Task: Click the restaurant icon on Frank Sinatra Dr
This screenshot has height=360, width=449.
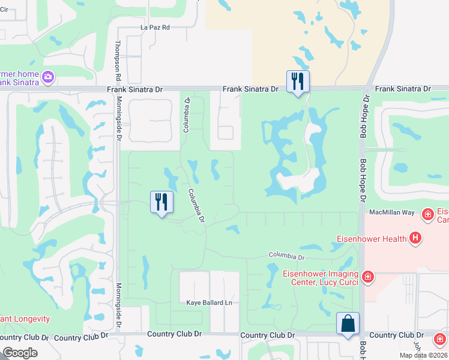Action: click(x=298, y=81)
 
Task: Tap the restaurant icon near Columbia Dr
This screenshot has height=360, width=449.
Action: click(x=161, y=202)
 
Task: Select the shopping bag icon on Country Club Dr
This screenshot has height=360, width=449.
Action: click(x=348, y=323)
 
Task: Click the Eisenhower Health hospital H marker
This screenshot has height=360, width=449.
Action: click(x=415, y=239)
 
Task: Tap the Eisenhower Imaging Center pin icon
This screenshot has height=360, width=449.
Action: click(x=368, y=277)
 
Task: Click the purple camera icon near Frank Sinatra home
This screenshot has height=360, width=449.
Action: click(x=49, y=77)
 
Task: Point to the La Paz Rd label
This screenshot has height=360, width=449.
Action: click(x=155, y=28)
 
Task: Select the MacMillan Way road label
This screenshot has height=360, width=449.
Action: click(x=392, y=212)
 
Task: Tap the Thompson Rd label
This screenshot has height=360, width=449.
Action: click(x=118, y=61)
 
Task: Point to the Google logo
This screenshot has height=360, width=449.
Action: click(x=20, y=353)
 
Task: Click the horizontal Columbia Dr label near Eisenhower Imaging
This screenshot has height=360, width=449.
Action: click(x=287, y=256)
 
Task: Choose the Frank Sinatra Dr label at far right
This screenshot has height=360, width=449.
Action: click(x=403, y=89)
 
